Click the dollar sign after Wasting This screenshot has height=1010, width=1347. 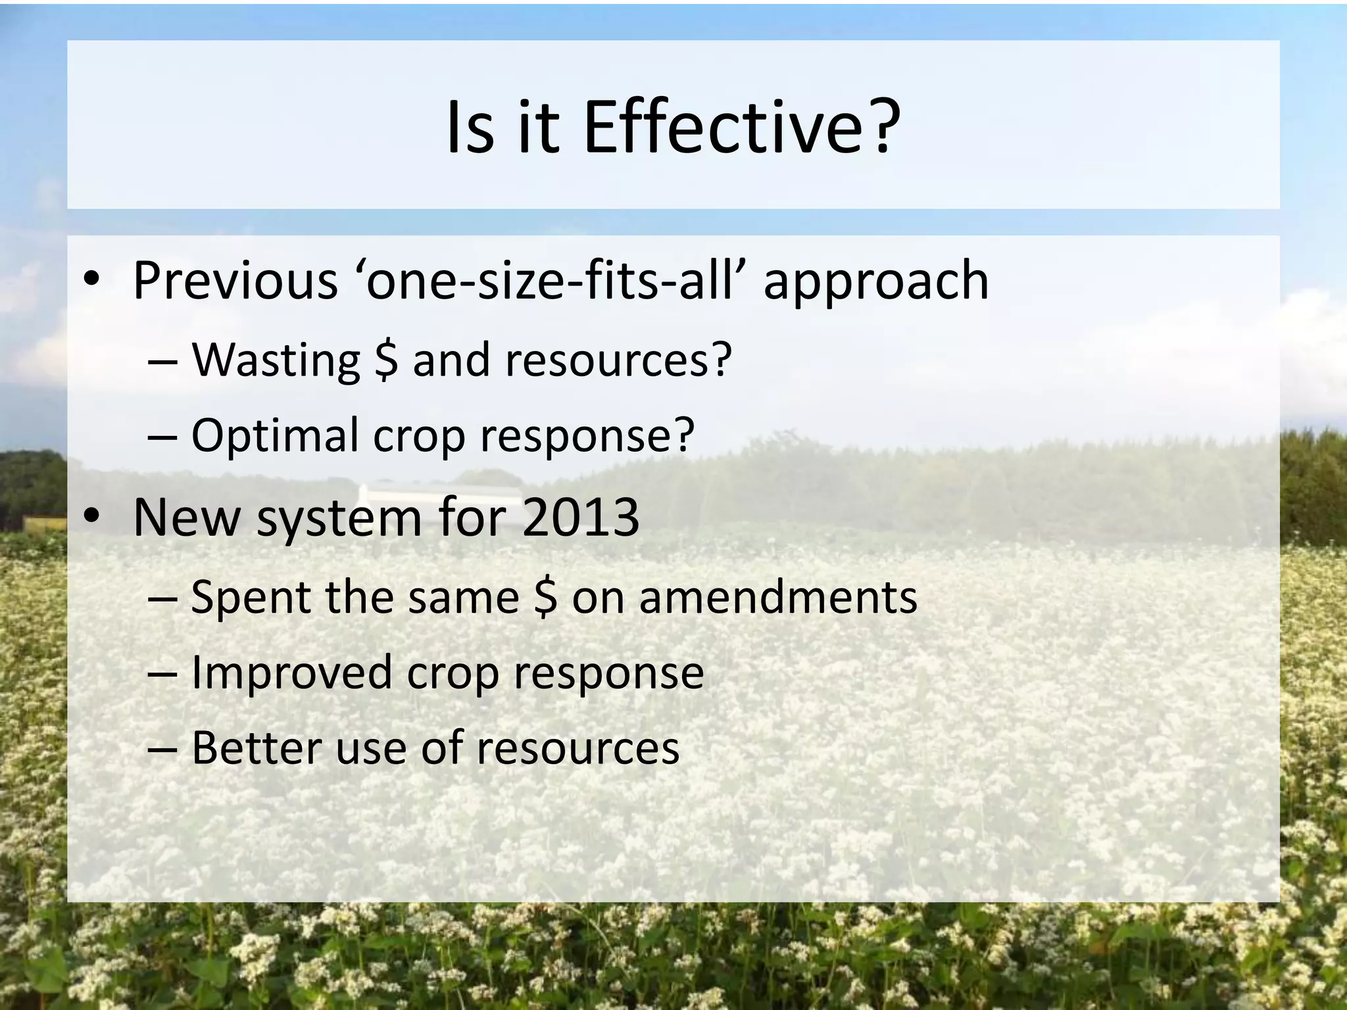point(386,361)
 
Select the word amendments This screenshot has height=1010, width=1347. point(778,598)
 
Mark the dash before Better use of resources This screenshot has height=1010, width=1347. point(162,749)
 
